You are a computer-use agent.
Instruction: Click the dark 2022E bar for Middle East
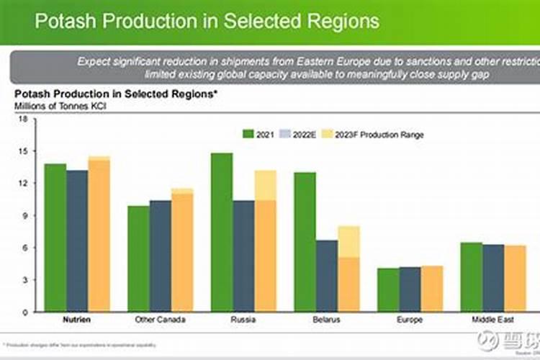(493, 278)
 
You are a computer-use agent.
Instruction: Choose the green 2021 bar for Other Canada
(138, 258)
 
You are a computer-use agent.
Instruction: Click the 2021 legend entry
(258, 134)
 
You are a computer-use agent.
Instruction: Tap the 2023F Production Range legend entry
(372, 134)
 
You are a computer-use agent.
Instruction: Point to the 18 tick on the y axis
(22, 120)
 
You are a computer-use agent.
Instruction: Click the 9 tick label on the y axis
(24, 216)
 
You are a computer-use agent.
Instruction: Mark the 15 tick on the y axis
(22, 152)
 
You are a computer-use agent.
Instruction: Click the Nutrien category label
(77, 319)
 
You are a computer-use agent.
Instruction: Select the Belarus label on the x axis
(327, 319)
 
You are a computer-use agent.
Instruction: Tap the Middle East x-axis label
(493, 319)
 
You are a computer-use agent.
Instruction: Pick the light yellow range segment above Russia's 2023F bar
(266, 185)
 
